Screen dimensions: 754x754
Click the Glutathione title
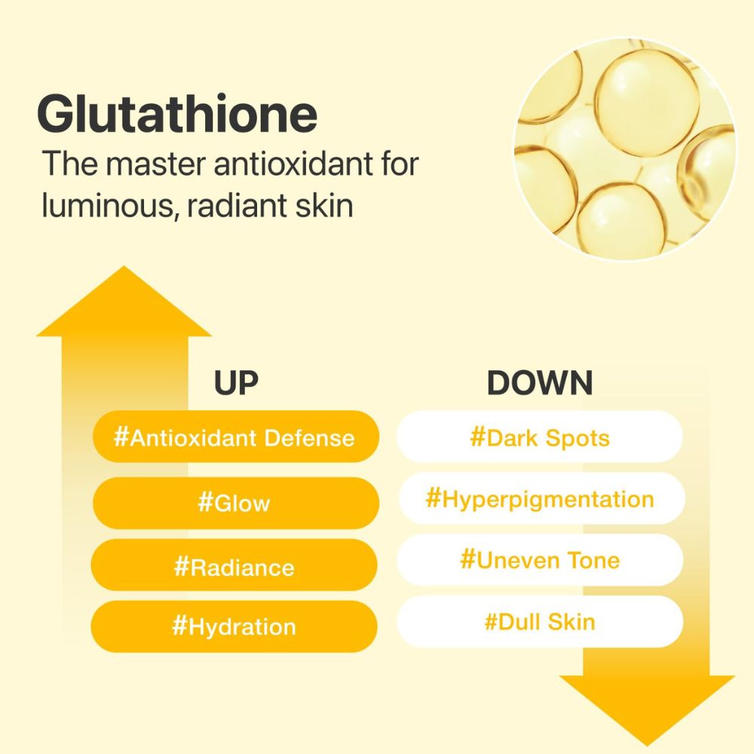point(177,114)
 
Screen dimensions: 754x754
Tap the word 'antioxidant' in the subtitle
point(294,164)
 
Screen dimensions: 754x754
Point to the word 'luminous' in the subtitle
point(108,206)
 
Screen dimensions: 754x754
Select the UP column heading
point(236,383)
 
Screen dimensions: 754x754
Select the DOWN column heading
point(540,383)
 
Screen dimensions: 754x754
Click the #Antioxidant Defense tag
point(235,437)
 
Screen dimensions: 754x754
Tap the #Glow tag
point(235,503)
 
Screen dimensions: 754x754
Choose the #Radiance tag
point(234,565)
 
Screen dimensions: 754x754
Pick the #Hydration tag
point(234,627)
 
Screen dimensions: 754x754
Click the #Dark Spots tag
point(540,437)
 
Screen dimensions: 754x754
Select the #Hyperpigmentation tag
point(541,498)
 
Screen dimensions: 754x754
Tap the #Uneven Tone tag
point(540,559)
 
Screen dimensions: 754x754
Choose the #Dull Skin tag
point(540,621)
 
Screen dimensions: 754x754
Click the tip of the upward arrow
point(124,266)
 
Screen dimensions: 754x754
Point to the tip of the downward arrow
point(647,746)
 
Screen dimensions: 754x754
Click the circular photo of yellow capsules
point(625,149)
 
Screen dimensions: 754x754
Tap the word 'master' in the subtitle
point(156,164)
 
